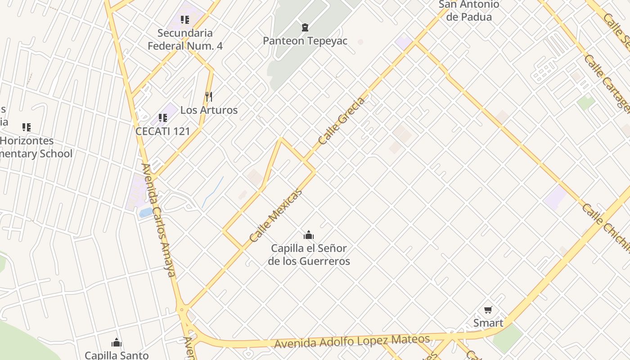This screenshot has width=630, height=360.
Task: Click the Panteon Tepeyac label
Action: [x=305, y=41]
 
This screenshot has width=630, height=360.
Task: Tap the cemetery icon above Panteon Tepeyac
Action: [x=305, y=27]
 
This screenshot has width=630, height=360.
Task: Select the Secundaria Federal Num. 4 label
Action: [x=185, y=39]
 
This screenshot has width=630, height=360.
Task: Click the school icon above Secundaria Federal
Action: [x=184, y=20]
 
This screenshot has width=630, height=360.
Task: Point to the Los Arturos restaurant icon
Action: [x=208, y=97]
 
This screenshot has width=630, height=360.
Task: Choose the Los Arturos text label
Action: [x=209, y=110]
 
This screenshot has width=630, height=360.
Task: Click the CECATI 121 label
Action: [x=162, y=131]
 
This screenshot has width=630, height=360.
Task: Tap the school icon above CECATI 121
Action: [x=162, y=118]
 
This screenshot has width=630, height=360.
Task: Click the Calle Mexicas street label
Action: [x=275, y=216]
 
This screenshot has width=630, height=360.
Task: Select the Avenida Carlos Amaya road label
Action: [x=158, y=220]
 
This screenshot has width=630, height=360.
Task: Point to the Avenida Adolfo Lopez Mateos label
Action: [x=352, y=342]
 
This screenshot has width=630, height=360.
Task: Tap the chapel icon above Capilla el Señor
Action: [x=309, y=235]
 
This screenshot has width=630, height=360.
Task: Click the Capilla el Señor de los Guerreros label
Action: [x=309, y=255]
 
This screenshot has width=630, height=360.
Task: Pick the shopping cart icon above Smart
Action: [x=488, y=310]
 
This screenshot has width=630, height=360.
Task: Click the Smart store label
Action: [x=488, y=323]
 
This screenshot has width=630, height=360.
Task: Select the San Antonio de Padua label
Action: [x=468, y=11]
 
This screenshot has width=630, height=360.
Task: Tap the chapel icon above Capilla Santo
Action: [x=117, y=343]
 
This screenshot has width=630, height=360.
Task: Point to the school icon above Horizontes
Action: [x=27, y=127]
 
